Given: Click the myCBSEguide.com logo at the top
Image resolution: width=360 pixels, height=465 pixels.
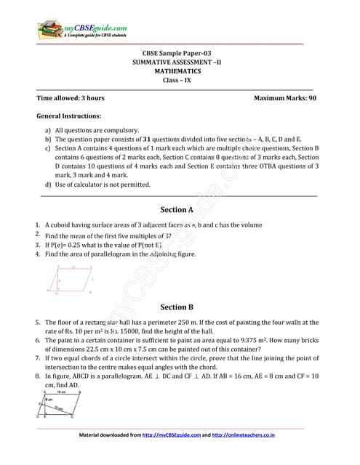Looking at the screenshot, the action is (x=72, y=31).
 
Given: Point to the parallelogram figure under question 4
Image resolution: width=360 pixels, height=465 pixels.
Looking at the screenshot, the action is (x=73, y=279).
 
